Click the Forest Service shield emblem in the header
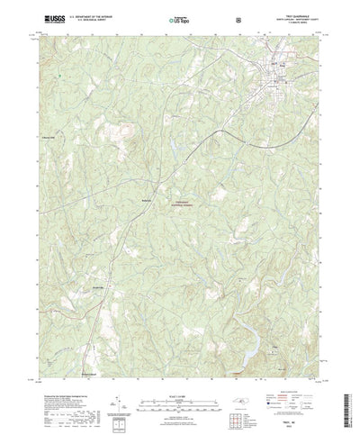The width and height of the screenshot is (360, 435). tap(237, 17)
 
